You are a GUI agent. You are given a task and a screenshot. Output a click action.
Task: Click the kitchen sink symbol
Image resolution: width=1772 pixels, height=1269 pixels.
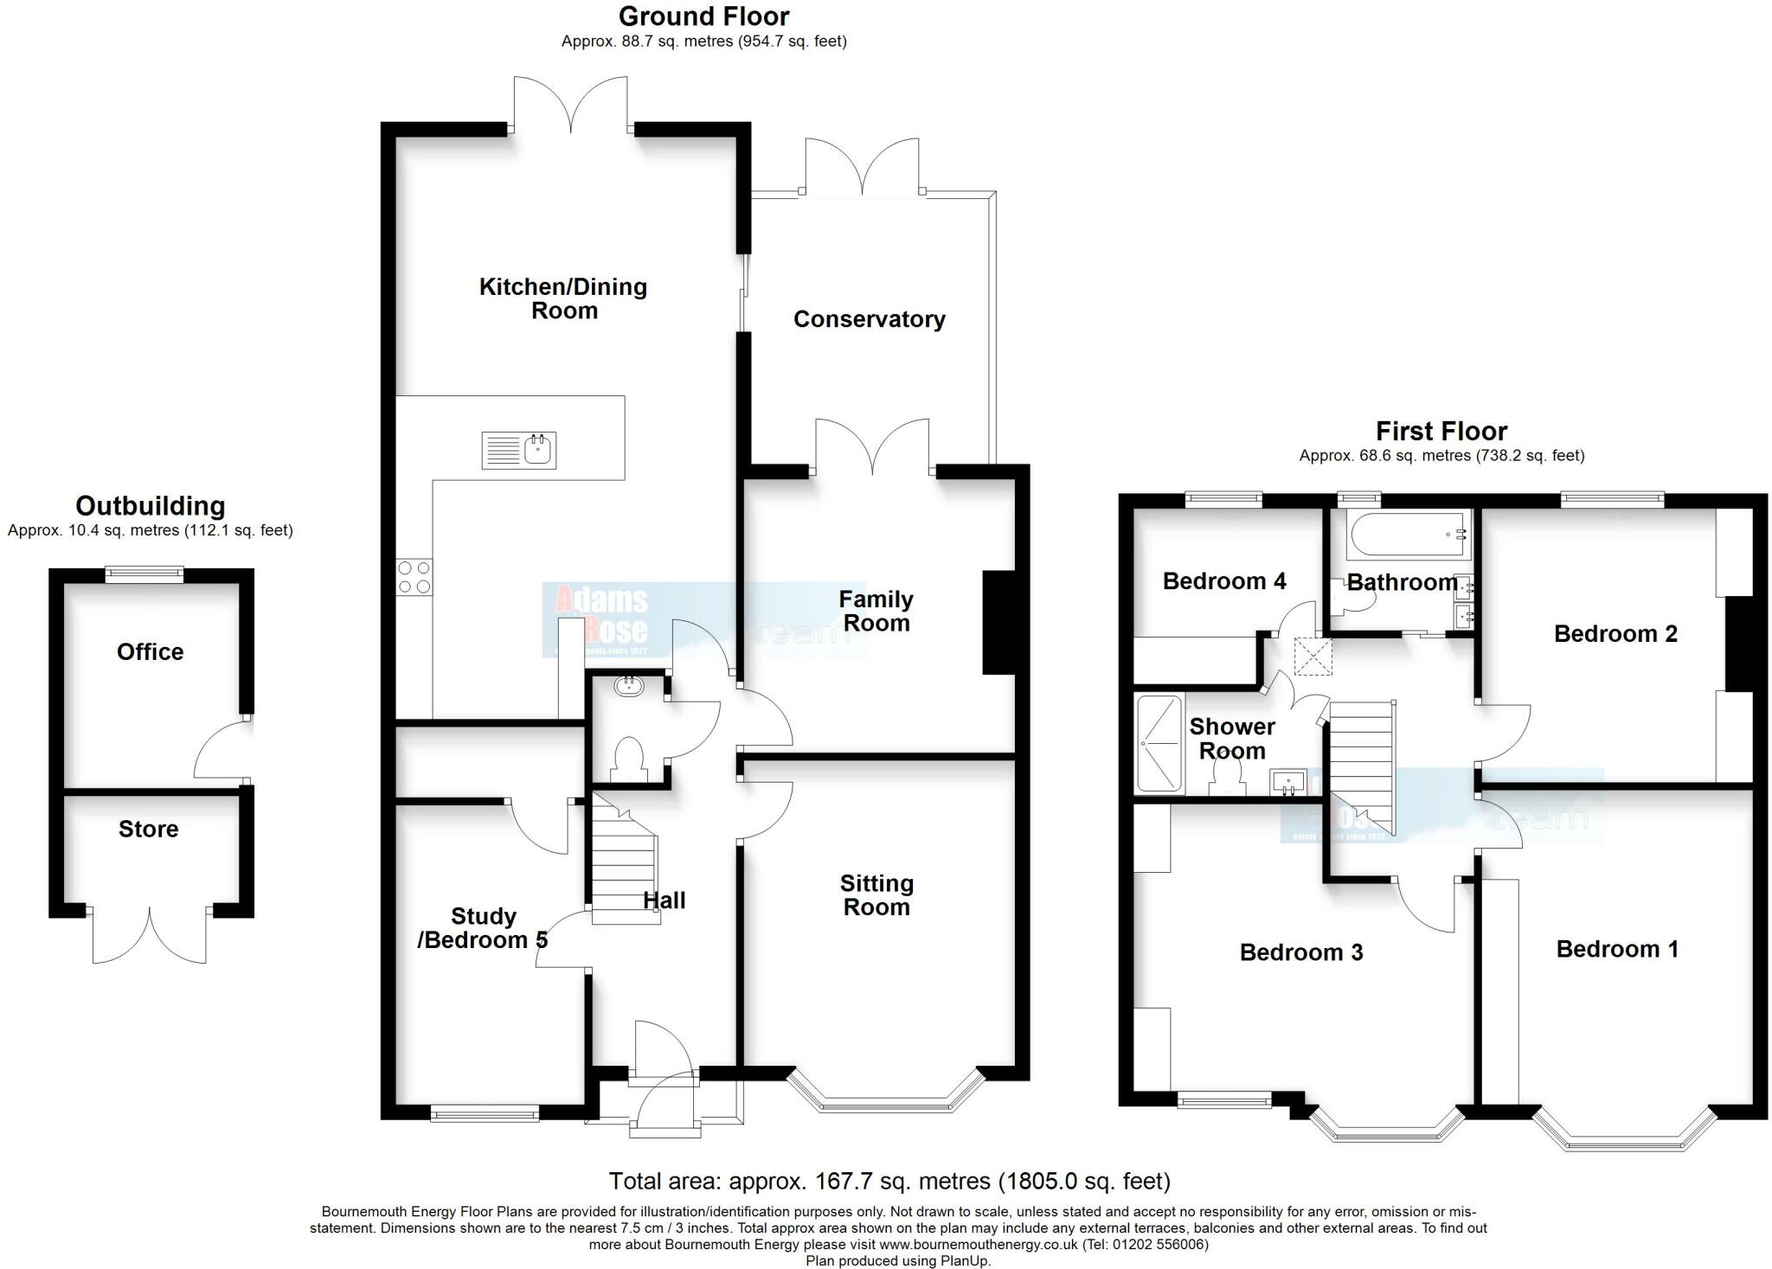[519, 451]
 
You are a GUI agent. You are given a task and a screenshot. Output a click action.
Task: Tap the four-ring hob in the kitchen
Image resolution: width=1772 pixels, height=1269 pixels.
[414, 577]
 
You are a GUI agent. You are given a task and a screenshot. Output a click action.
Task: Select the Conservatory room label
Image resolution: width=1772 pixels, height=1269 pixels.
[869, 319]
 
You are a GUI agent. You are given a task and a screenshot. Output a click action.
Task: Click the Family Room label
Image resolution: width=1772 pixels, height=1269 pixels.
[876, 611]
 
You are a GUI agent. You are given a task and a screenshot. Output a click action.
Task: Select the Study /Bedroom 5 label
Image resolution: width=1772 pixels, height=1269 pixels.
[483, 927]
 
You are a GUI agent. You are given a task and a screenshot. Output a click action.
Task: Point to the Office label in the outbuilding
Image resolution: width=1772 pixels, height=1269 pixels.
[150, 651]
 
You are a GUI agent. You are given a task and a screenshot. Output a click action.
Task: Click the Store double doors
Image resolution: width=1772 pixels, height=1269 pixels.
[150, 938]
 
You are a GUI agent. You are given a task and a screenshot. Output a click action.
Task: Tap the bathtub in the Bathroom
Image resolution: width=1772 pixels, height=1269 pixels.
[1408, 534]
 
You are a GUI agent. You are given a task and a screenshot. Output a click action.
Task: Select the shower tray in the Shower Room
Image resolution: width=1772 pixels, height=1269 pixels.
[1159, 744]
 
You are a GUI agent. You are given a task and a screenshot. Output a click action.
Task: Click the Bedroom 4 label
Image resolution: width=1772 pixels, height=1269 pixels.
[1223, 580]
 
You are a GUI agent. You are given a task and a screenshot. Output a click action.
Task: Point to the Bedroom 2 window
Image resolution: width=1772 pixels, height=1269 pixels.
[1612, 498]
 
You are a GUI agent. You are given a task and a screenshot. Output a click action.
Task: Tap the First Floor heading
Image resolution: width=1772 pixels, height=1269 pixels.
[1441, 431]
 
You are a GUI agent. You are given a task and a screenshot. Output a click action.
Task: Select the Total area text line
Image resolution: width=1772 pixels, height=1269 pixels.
[889, 1181]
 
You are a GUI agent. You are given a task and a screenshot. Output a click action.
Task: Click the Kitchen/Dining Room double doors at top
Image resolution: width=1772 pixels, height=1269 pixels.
[570, 108]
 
